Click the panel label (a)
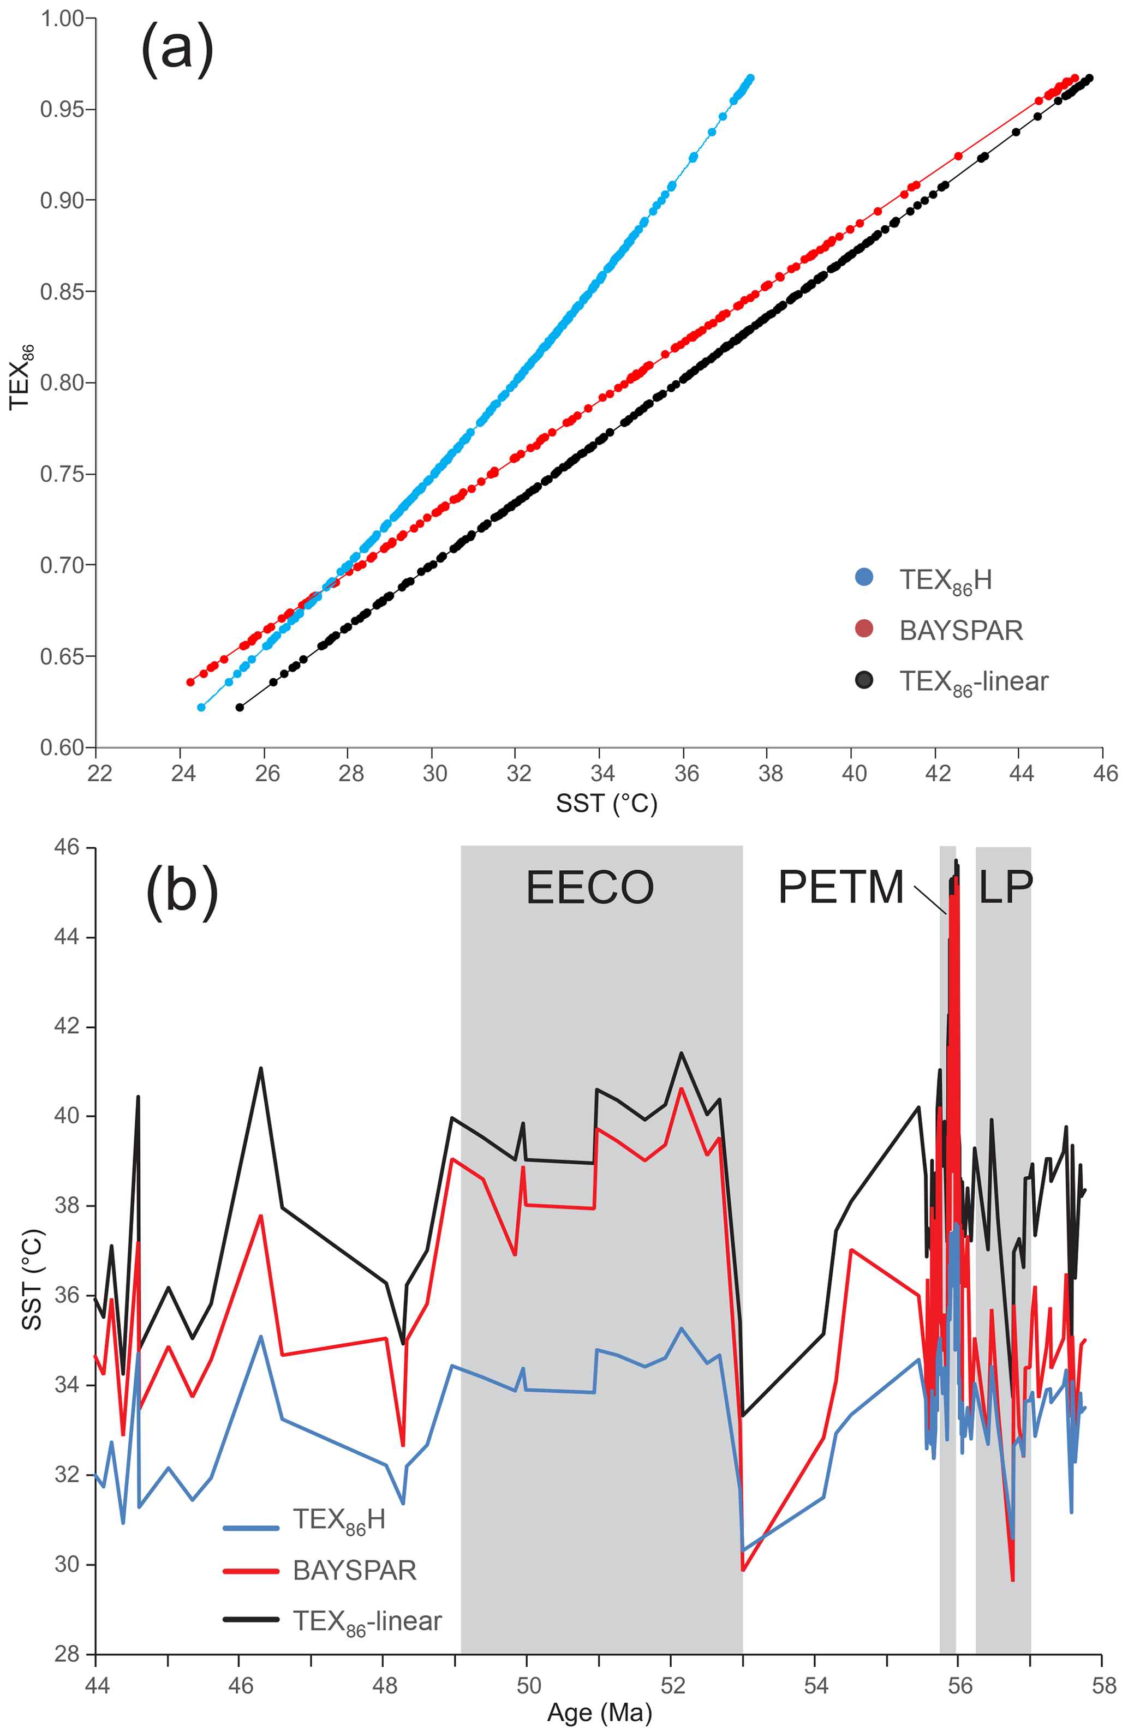pos(177,50)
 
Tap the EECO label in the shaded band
pos(589,888)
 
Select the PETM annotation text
pos(840,888)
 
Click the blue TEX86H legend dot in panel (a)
pos(864,578)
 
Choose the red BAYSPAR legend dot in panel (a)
pos(864,628)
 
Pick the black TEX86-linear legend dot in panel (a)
pos(864,680)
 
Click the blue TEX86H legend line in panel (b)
pos(251,1528)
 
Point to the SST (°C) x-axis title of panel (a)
pos(606,803)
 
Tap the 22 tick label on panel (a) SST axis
pos(99,773)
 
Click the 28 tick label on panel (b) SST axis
pos(67,1654)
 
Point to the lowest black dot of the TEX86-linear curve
pos(240,707)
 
